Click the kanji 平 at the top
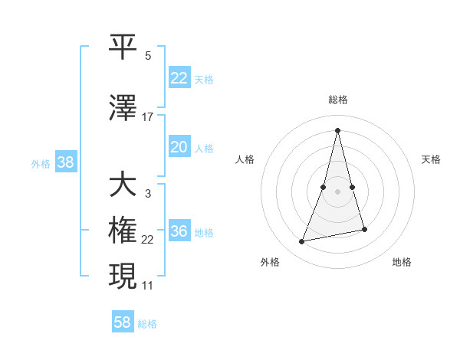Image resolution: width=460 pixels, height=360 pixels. (123, 47)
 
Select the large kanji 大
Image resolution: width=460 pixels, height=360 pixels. (123, 185)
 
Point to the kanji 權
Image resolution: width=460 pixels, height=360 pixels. (123, 231)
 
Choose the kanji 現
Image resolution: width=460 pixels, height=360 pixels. (123, 275)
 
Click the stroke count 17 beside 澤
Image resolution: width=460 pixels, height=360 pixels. (148, 117)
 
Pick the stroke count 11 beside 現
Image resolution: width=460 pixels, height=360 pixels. (148, 286)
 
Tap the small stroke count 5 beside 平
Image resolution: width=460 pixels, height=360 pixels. (148, 56)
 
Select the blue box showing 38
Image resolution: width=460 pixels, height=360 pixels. (65, 162)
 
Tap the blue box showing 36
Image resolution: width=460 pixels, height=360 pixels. (179, 231)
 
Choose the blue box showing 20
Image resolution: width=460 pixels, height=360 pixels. (179, 147)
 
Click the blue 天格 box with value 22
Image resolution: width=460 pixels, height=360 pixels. (179, 78)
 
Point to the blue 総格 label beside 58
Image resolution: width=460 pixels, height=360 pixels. (147, 324)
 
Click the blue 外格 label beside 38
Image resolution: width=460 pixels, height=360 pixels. (41, 163)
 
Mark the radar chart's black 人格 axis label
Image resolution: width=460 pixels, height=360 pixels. (245, 159)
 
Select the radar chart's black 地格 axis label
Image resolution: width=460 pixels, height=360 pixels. (402, 262)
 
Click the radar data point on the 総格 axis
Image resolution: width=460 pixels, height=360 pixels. (337, 130)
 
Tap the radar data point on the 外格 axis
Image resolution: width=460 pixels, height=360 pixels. (302, 242)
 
